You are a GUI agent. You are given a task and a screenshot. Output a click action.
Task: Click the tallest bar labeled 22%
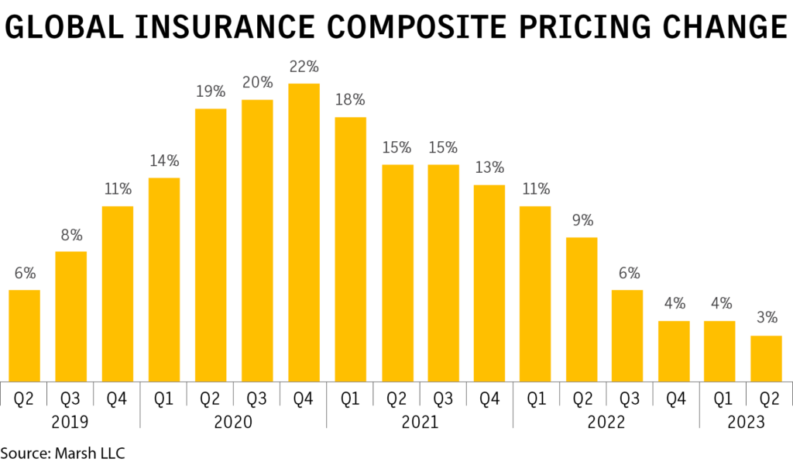pos(304,233)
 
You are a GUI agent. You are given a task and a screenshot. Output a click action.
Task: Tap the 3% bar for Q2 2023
pos(767,357)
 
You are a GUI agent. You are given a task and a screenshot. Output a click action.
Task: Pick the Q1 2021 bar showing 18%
pos(350,249)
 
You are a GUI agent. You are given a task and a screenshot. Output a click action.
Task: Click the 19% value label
pos(211,91)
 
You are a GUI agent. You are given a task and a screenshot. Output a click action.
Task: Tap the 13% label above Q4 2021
pos(489,167)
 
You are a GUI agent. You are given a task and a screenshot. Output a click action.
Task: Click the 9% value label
pos(582,219)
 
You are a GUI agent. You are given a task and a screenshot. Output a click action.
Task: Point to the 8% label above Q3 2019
pos(71,235)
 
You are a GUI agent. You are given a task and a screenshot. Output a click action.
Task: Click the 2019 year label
pos(70,423)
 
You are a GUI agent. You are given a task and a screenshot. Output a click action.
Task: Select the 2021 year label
pos(419,423)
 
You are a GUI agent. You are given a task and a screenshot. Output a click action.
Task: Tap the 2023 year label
pos(745,423)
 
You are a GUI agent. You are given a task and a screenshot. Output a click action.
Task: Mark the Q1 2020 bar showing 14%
pos(164,279)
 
